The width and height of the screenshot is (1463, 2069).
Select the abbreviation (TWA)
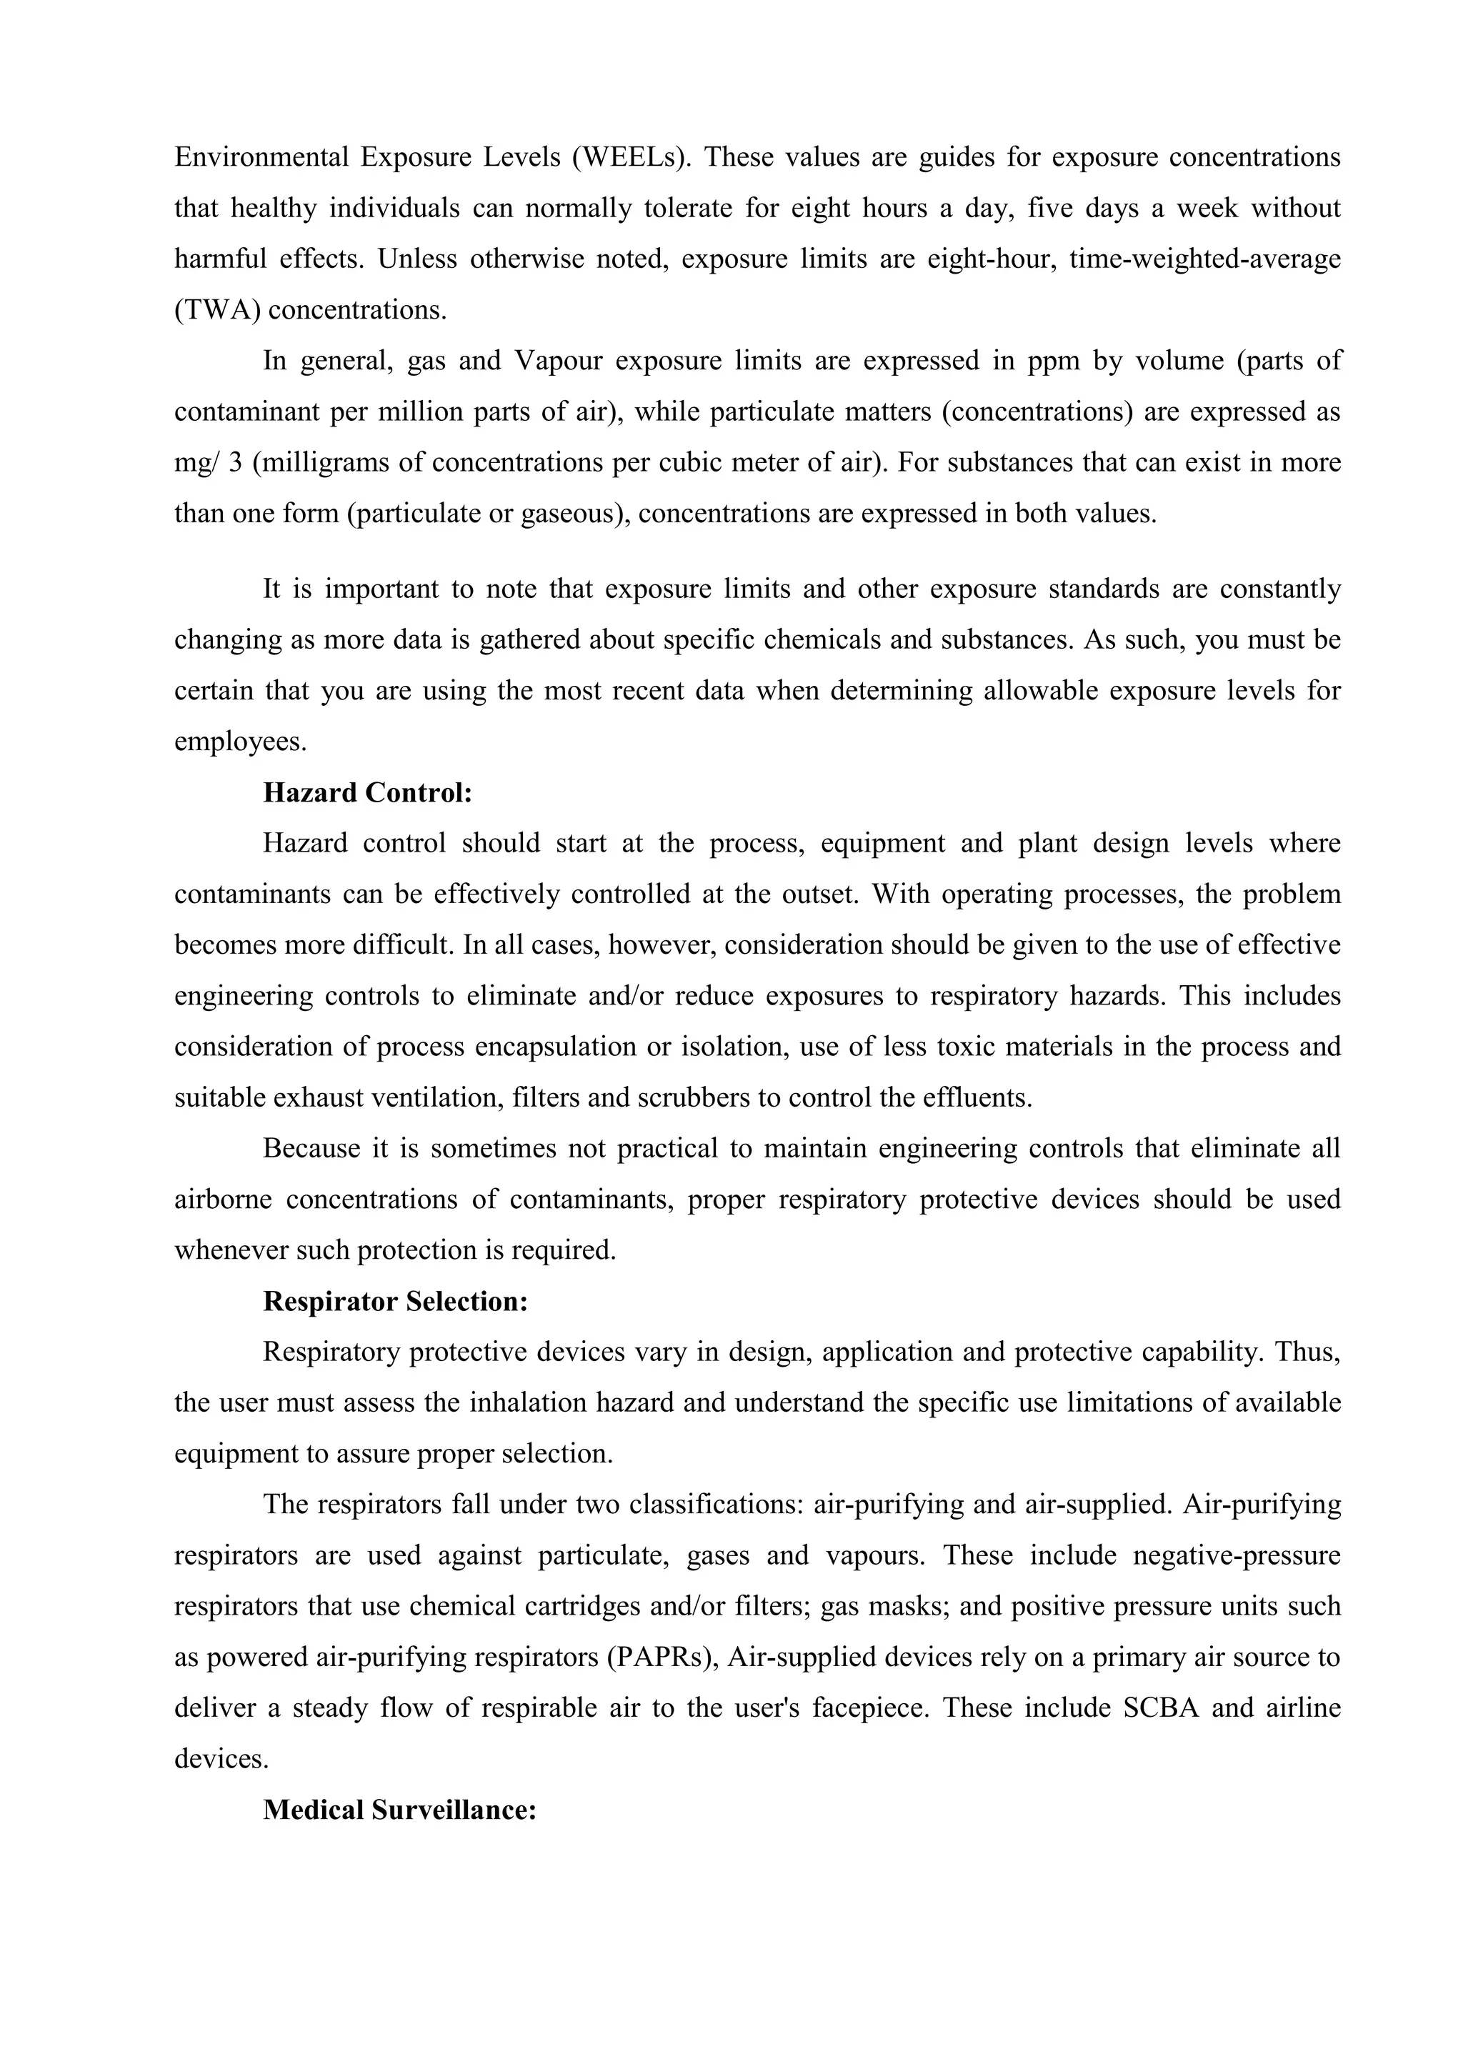tap(217, 311)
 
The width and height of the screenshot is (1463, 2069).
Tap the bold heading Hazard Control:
tap(368, 793)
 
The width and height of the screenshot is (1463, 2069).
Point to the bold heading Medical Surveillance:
tap(400, 1810)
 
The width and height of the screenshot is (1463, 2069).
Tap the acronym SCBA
tap(1162, 1708)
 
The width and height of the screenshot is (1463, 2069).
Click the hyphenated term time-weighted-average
tap(1204, 259)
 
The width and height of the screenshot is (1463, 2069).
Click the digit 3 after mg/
tap(235, 463)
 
